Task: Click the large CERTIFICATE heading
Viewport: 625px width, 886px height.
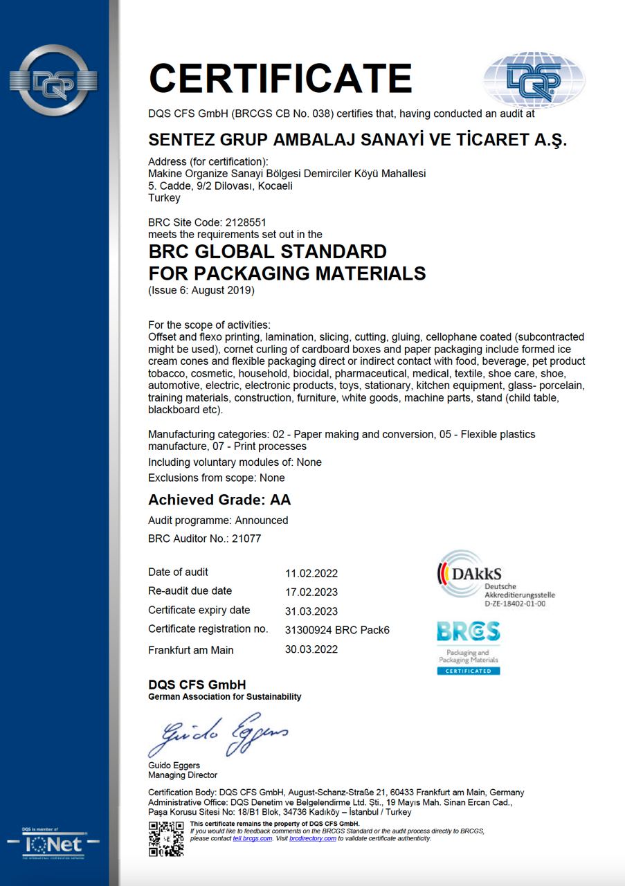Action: click(x=280, y=78)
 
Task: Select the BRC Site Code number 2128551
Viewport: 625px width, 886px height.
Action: click(x=246, y=223)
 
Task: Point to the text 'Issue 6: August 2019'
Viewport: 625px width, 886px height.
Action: click(x=201, y=291)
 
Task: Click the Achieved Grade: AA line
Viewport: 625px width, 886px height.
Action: click(x=219, y=500)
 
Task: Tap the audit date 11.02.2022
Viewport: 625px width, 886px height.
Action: click(x=311, y=573)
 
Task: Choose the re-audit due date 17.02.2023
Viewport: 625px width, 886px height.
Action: click(x=311, y=593)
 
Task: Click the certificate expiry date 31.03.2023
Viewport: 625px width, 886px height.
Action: click(x=311, y=611)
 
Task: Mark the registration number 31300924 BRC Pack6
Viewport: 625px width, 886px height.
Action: click(x=337, y=630)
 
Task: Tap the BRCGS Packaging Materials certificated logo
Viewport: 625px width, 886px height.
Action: click(x=468, y=648)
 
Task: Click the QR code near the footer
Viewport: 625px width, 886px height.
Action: click(x=166, y=838)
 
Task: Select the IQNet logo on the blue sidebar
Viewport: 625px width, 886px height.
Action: click(x=54, y=844)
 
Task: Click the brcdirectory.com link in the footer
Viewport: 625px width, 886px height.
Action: click(x=313, y=838)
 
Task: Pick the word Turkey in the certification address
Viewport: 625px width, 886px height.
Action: click(x=164, y=198)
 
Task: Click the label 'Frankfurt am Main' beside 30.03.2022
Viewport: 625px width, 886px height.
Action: click(x=191, y=650)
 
